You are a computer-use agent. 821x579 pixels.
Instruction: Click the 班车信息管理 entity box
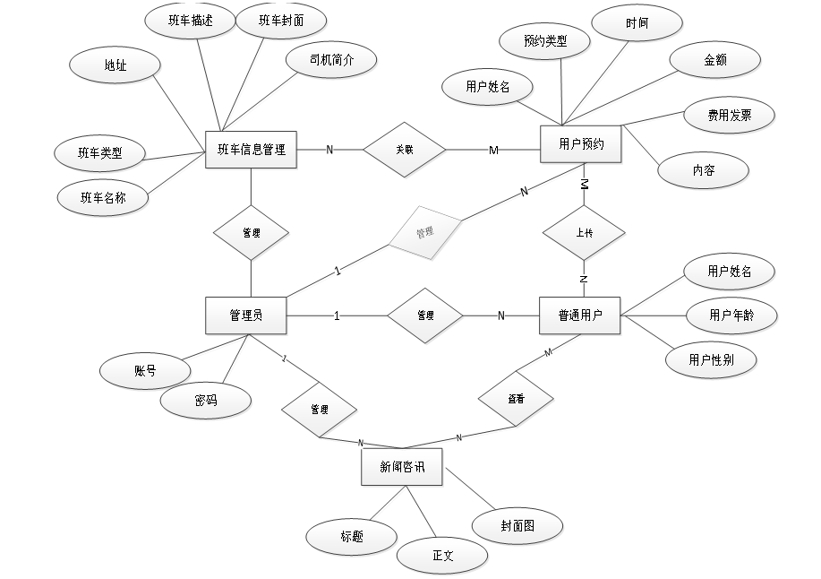(x=251, y=150)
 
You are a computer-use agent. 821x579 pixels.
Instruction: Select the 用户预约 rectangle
(x=581, y=143)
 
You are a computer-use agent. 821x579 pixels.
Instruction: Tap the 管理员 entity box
(x=245, y=315)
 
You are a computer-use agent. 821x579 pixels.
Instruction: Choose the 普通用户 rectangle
(x=580, y=315)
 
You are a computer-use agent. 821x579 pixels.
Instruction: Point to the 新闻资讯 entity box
(x=401, y=466)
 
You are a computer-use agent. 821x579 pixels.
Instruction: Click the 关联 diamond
(x=404, y=150)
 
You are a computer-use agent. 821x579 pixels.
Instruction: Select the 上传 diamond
(x=584, y=232)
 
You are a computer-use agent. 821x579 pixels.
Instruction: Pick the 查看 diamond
(x=516, y=397)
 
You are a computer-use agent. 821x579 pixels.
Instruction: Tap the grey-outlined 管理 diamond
(x=424, y=232)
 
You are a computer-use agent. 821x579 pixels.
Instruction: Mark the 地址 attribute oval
(x=115, y=65)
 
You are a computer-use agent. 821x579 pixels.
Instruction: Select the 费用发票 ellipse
(x=729, y=115)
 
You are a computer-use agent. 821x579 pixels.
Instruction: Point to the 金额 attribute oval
(x=715, y=60)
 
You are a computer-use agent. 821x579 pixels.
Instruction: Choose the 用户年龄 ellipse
(x=731, y=315)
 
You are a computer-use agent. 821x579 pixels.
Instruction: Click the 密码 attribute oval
(x=206, y=400)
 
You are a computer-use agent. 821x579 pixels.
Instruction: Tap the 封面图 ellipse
(x=517, y=526)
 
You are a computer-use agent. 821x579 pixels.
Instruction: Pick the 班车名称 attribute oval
(x=103, y=197)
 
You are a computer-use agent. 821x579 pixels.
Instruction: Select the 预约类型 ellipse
(x=544, y=40)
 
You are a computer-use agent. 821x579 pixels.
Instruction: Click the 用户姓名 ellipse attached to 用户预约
(x=488, y=86)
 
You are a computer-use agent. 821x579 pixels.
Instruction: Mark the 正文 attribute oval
(x=443, y=556)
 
